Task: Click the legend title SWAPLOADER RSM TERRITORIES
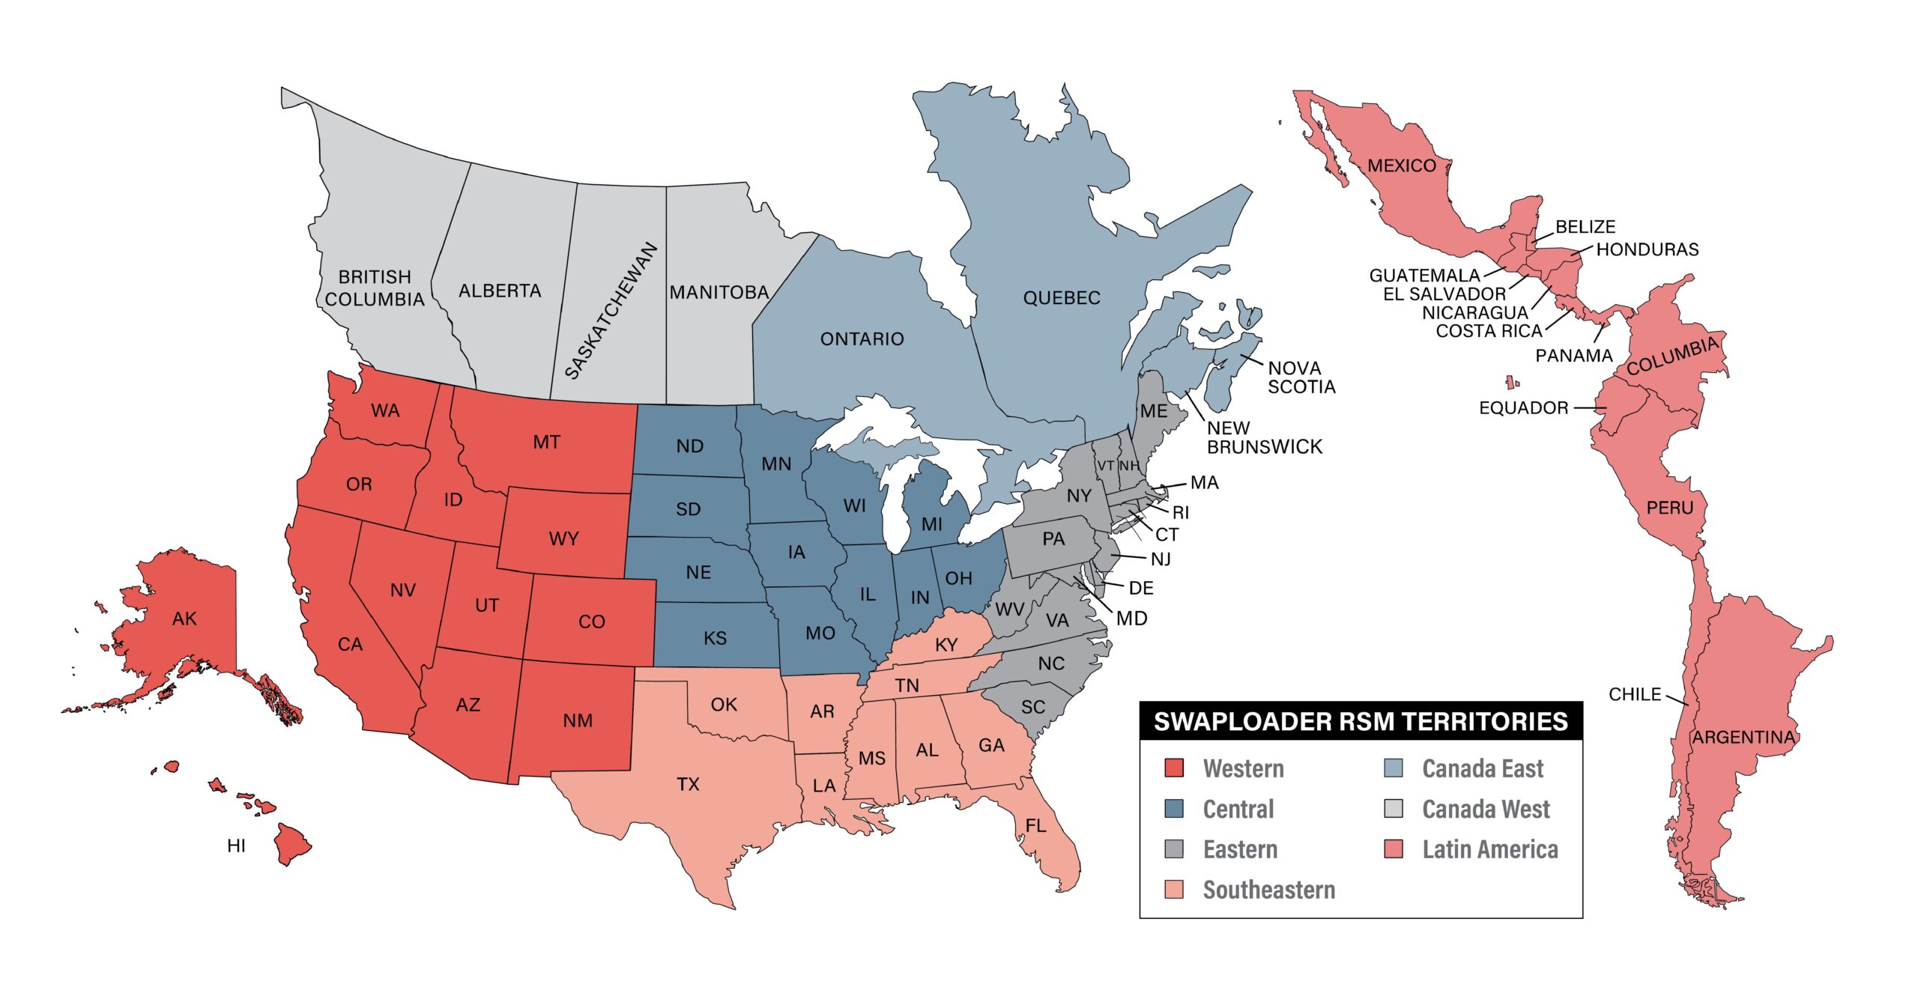pyautogui.click(x=1361, y=721)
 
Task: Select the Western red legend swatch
pyautogui.click(x=1174, y=768)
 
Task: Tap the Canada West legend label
pyautogui.click(x=1486, y=809)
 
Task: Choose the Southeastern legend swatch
pyautogui.click(x=1174, y=889)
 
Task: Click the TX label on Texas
pyautogui.click(x=688, y=784)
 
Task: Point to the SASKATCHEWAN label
pyautogui.click(x=611, y=311)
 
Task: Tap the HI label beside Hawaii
pyautogui.click(x=236, y=845)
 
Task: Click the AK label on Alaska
pyautogui.click(x=184, y=619)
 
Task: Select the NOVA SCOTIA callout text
pyautogui.click(x=1301, y=377)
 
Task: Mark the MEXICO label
pyautogui.click(x=1402, y=166)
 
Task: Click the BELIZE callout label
pyautogui.click(x=1585, y=226)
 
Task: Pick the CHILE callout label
pyautogui.click(x=1635, y=694)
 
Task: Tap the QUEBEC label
pyautogui.click(x=1062, y=297)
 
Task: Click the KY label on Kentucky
pyautogui.click(x=946, y=645)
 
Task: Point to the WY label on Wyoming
pyautogui.click(x=563, y=538)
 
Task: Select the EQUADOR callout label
pyautogui.click(x=1523, y=407)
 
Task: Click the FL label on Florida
pyautogui.click(x=1035, y=825)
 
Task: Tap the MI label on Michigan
pyautogui.click(x=932, y=524)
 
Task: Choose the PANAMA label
pyautogui.click(x=1573, y=356)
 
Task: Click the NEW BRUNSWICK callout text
pyautogui.click(x=1264, y=437)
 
